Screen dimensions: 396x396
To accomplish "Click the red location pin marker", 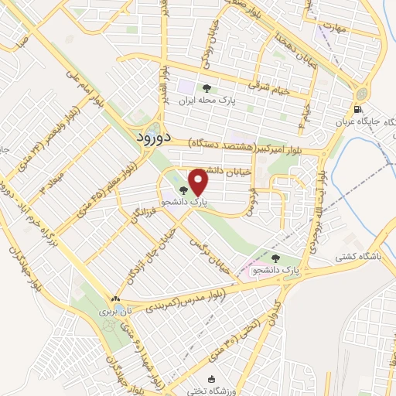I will [199, 182].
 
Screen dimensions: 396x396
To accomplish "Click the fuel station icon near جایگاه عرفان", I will [357, 109].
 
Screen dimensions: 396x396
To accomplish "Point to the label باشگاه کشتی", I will [363, 255].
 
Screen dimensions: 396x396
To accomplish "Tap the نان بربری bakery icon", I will [115, 299].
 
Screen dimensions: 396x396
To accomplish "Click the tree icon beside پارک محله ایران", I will [207, 87].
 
